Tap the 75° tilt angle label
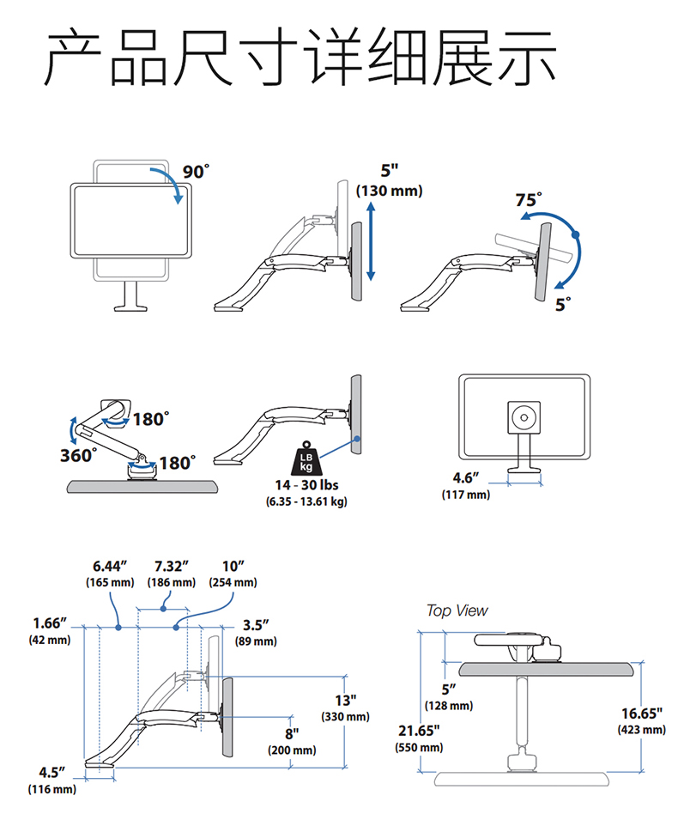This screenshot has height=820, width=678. click(529, 200)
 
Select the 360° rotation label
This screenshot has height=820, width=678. click(76, 455)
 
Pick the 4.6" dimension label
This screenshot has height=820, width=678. click(466, 478)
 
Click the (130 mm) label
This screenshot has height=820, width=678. click(390, 191)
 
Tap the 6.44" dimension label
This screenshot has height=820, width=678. click(110, 566)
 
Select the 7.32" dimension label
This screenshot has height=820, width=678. click(172, 566)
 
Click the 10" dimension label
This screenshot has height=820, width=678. click(233, 566)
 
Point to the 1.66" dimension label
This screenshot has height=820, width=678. click(50, 623)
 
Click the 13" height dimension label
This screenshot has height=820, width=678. click(345, 700)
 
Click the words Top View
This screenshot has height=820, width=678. click(457, 610)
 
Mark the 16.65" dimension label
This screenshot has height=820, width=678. click(641, 713)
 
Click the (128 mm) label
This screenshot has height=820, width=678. click(449, 705)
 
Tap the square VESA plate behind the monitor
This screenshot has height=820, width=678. click(523, 418)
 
